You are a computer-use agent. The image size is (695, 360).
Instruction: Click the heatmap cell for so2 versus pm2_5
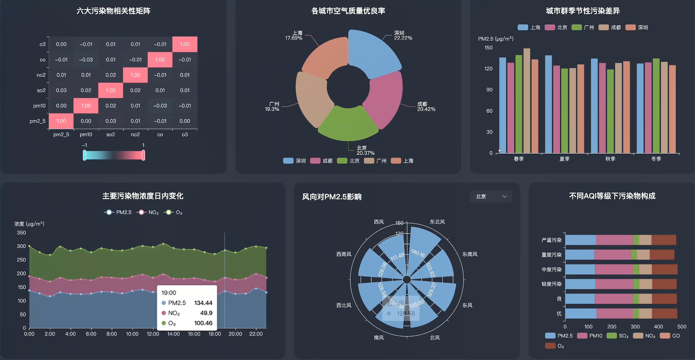(61, 90)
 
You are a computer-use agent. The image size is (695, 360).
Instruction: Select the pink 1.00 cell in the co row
(160, 59)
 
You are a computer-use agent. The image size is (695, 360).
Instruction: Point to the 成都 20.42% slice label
(426, 107)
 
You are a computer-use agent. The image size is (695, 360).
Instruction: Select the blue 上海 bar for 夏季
(548, 104)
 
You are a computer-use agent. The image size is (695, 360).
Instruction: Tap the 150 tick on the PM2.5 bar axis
(488, 48)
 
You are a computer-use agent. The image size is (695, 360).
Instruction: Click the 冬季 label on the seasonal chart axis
(656, 159)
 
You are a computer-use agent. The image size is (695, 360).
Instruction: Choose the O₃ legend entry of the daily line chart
(174, 213)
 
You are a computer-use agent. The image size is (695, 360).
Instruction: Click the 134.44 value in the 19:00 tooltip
(203, 303)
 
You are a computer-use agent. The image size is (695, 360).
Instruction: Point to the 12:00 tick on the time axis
(153, 334)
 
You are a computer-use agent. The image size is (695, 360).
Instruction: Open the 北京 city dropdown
(491, 197)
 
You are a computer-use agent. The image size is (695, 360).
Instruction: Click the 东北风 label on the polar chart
(437, 222)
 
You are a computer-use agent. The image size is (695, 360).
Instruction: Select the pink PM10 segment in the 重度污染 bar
(612, 255)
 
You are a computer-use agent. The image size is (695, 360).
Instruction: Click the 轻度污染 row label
(551, 284)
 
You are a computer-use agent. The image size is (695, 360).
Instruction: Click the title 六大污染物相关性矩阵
(113, 11)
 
